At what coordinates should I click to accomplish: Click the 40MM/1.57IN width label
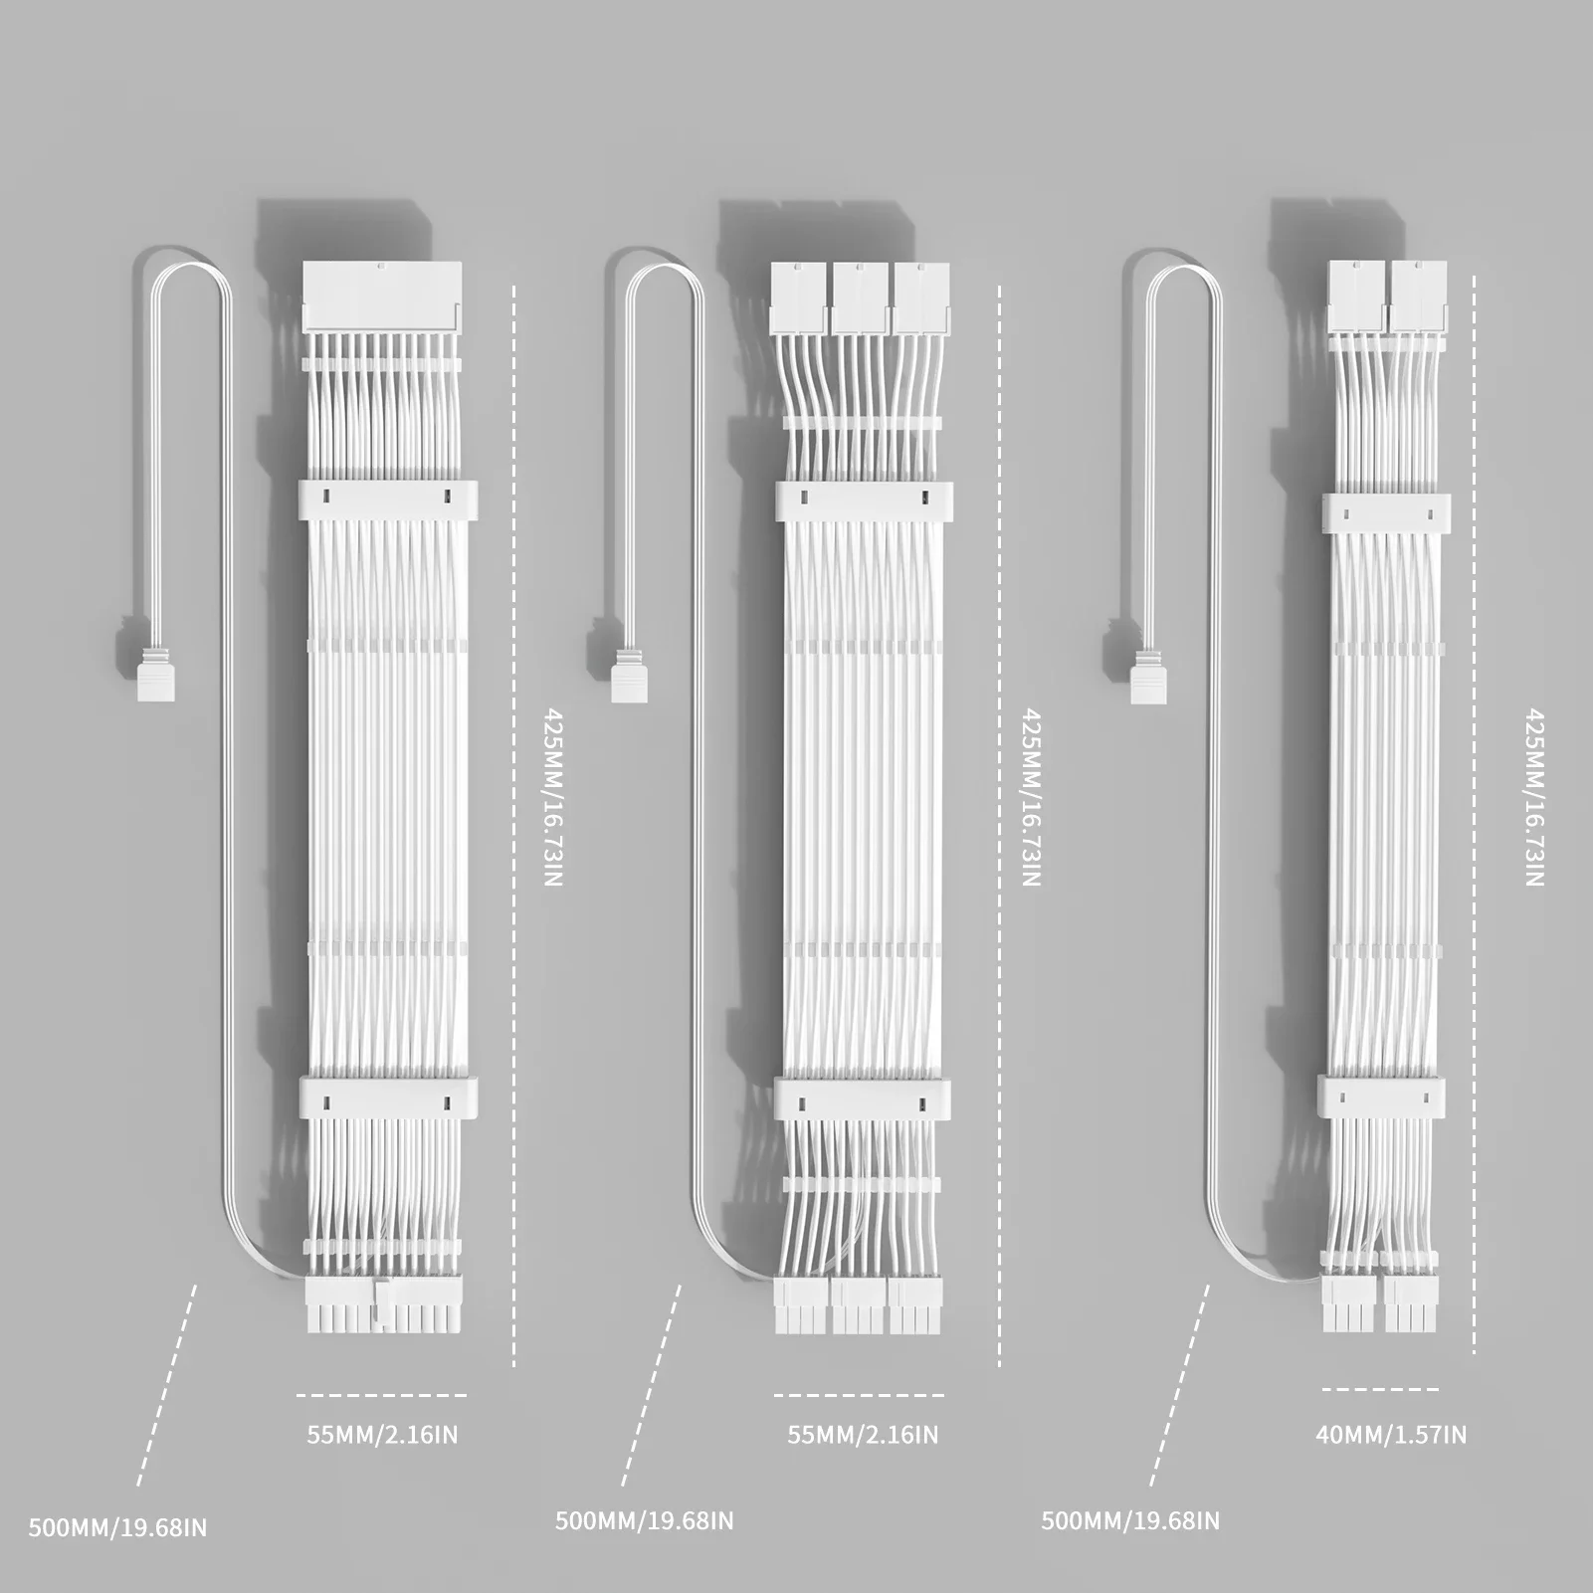click(1391, 1435)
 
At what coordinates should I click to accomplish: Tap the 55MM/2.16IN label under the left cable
click(382, 1435)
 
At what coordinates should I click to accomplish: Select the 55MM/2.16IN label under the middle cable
click(863, 1435)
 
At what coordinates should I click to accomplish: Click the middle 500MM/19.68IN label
click(644, 1521)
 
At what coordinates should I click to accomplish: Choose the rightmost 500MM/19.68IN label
click(1130, 1521)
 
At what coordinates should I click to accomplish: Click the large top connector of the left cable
click(382, 297)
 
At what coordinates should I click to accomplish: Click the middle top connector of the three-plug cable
click(862, 298)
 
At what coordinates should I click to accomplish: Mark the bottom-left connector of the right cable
click(1349, 1303)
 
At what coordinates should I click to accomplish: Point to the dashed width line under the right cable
click(1380, 1389)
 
